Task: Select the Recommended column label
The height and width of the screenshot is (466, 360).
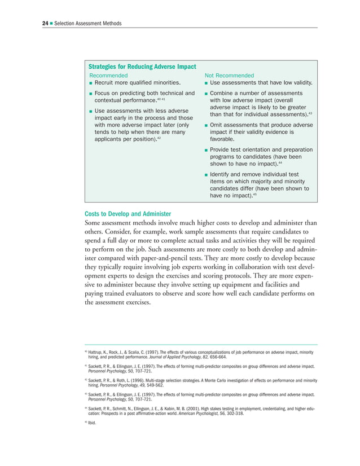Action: coord(109,76)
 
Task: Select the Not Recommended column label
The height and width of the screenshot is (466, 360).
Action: coord(229,76)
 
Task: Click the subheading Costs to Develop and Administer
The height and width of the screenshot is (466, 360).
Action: coord(128,214)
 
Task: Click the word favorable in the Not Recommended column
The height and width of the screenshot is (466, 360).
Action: coord(221,138)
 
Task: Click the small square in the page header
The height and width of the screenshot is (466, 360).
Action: coord(51,23)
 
